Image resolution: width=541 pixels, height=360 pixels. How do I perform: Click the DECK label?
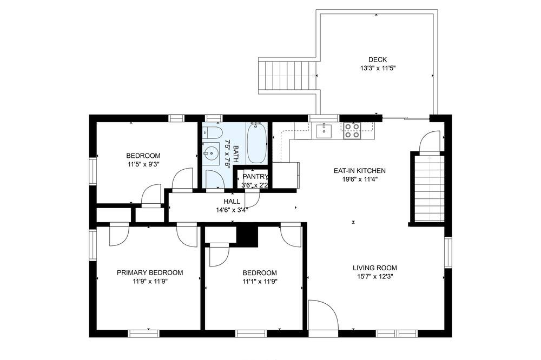pyautogui.click(x=378, y=59)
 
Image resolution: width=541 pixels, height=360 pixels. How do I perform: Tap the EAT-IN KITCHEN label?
pyautogui.click(x=360, y=170)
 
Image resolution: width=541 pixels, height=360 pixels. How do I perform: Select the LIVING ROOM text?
pyautogui.click(x=375, y=268)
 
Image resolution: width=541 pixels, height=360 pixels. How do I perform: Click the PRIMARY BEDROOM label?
pyautogui.click(x=150, y=273)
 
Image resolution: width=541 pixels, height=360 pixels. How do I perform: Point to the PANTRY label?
pyautogui.click(x=255, y=177)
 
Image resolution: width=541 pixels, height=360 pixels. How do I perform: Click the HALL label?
pyautogui.click(x=232, y=202)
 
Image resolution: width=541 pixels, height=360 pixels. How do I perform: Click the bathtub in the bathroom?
pyautogui.click(x=256, y=143)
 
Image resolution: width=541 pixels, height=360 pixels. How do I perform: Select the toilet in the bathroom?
pyautogui.click(x=211, y=132)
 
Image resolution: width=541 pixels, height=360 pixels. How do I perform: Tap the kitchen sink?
pyautogui.click(x=324, y=131)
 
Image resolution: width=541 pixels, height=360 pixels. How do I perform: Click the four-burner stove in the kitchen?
pyautogui.click(x=352, y=131)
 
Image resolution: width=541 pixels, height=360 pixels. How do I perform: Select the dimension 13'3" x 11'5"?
pyautogui.click(x=378, y=68)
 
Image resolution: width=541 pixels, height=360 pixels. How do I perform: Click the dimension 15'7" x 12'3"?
pyautogui.click(x=375, y=276)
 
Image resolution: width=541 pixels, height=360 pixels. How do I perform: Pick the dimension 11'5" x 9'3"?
pyautogui.click(x=143, y=164)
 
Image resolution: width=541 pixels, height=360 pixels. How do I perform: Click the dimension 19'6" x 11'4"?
pyautogui.click(x=360, y=179)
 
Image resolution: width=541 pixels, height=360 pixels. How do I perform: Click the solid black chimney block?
pyautogui.click(x=247, y=236)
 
